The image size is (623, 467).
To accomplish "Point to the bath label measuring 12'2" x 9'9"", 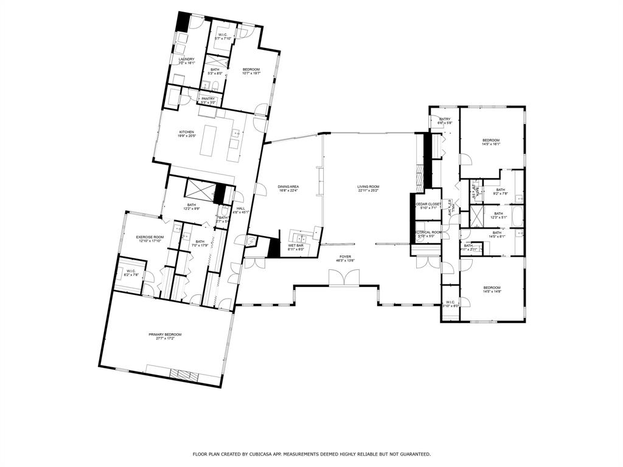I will coord(192,207).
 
